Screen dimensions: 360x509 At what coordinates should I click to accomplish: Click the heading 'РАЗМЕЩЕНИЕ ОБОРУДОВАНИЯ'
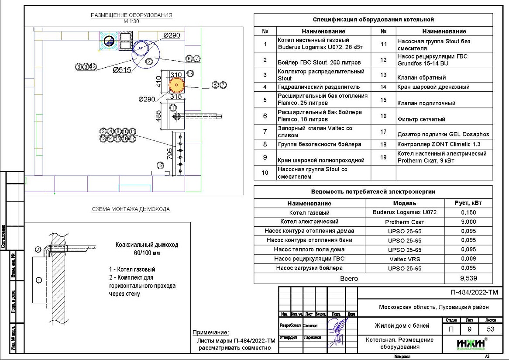point(131,15)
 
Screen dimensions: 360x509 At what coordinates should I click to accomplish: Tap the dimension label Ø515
point(122,69)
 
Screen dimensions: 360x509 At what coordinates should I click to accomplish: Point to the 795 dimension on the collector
point(170,153)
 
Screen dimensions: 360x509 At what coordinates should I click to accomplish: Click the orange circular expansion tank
point(176,85)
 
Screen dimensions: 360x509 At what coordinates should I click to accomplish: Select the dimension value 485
point(158,115)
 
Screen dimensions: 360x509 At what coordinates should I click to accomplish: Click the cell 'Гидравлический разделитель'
point(319,87)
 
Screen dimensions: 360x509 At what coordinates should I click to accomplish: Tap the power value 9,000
point(468,222)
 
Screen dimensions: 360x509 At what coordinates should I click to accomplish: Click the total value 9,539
point(468,278)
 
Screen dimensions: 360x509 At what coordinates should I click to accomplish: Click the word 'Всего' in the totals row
point(349,278)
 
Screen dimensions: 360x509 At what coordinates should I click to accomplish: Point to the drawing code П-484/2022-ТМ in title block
point(474,293)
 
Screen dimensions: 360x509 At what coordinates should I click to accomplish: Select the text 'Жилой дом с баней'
point(402,325)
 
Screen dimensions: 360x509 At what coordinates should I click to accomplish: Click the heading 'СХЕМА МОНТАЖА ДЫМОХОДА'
point(131,209)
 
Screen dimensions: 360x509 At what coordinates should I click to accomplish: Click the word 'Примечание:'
point(211,333)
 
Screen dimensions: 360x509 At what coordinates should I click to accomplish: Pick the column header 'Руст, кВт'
point(468,203)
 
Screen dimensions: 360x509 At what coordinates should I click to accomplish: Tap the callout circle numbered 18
point(161,165)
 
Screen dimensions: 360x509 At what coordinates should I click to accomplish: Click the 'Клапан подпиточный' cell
point(426,104)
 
